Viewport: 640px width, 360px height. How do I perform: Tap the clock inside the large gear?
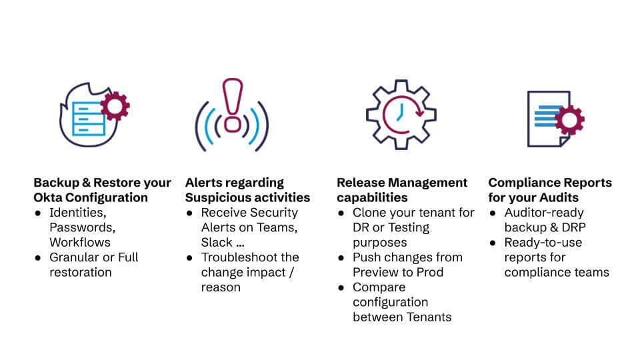401,115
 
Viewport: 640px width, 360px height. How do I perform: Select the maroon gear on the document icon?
570,120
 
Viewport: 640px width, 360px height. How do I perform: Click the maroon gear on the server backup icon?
115,106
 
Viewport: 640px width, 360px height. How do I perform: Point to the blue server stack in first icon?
89,119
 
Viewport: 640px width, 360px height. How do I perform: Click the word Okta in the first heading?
48,197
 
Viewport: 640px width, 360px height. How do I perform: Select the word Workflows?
80,243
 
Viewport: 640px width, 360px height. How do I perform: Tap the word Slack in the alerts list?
217,243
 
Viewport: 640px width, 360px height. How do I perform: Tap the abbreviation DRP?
573,227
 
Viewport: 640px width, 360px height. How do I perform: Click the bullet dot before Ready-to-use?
493,243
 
